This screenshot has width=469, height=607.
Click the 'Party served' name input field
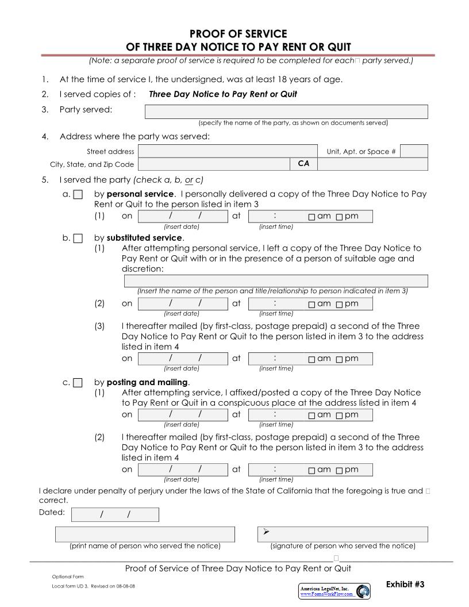click(286, 112)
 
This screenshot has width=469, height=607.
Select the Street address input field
click(228, 151)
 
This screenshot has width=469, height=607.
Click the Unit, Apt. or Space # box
click(414, 151)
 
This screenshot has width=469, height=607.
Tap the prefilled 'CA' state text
click(303, 164)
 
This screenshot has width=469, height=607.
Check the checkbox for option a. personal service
click(78, 194)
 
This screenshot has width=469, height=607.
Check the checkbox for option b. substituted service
click(78, 238)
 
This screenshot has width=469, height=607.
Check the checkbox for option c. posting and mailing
click(78, 382)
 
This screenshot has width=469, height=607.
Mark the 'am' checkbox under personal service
click(312, 217)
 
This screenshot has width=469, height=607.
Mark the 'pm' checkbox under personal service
click(339, 217)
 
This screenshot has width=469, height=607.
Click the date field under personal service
click(183, 216)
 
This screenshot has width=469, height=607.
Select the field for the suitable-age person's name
click(276, 281)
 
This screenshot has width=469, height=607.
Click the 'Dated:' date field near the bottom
click(115, 514)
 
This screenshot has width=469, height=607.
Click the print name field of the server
click(145, 534)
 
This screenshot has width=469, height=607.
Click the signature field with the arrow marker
click(343, 534)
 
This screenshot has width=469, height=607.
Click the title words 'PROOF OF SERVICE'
click(238, 34)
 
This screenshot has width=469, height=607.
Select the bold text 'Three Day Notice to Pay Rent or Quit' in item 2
click(223, 94)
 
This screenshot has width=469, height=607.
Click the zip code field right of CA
click(372, 164)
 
